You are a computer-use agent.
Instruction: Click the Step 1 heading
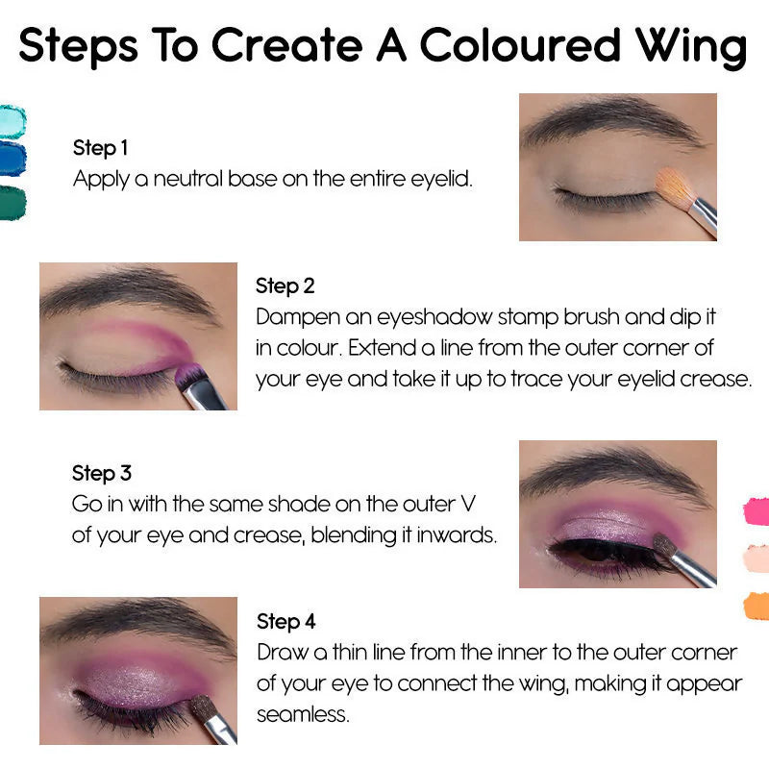100,148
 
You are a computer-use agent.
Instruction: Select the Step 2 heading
285,285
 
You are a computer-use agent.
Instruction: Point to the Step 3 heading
101,473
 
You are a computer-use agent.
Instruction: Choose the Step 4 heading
285,621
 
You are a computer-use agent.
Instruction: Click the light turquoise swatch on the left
12,121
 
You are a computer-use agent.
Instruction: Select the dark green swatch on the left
12,202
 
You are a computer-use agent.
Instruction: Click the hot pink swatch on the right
757,510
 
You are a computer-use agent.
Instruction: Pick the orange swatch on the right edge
757,605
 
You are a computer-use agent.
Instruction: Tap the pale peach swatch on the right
757,558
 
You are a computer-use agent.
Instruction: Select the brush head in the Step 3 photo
665,545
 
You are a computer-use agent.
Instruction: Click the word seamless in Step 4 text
302,715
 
